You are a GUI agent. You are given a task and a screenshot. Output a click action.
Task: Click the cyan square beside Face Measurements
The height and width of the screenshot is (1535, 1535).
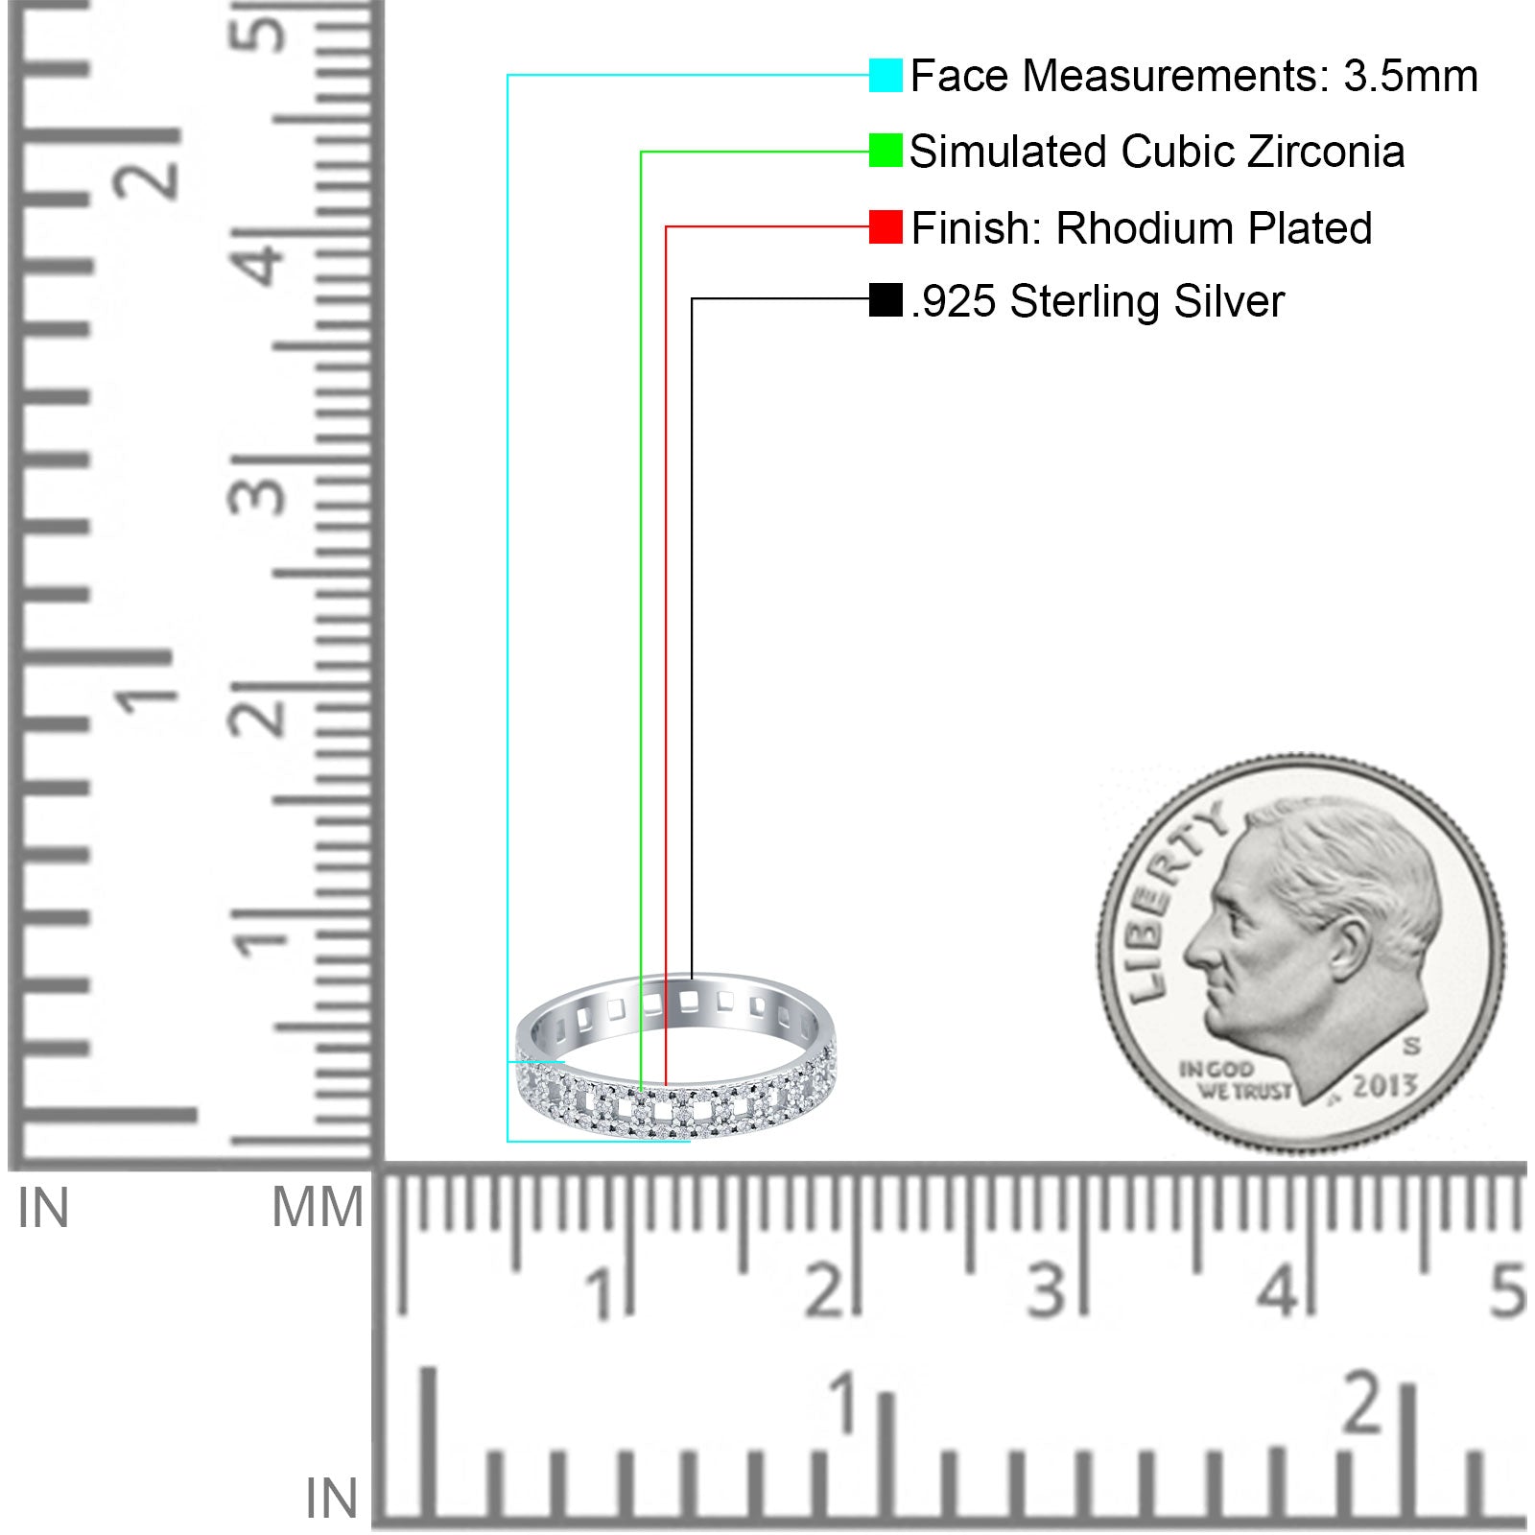coord(886,75)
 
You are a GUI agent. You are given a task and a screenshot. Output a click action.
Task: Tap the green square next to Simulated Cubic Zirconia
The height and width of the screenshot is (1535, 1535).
coord(886,151)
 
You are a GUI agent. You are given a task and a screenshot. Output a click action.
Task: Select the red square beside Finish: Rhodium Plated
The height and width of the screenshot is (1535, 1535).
coord(886,227)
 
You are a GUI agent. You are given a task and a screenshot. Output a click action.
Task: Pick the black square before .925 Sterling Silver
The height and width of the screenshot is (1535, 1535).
coord(886,299)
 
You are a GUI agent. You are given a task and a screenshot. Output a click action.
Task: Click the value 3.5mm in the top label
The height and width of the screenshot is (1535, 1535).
coord(1410,76)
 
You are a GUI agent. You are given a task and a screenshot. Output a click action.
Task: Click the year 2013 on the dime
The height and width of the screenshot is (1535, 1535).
coord(1385,1086)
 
